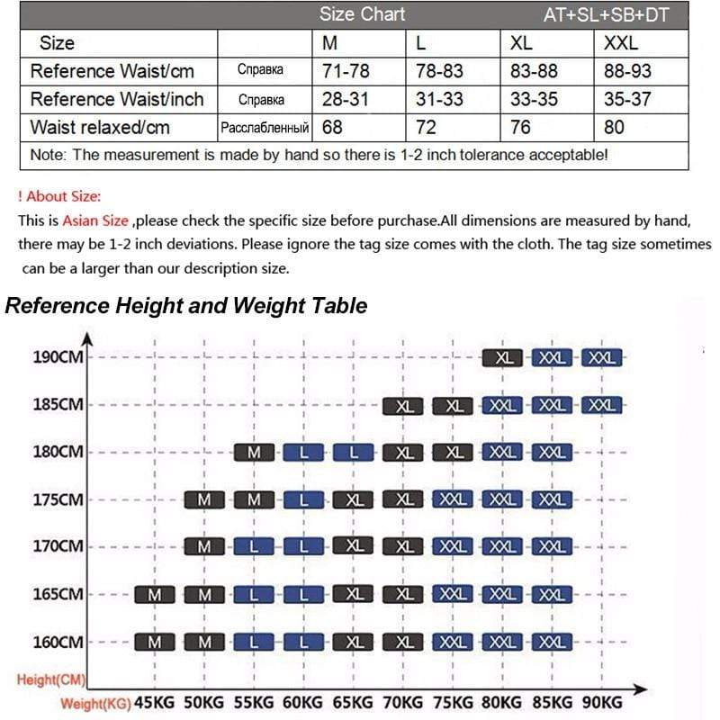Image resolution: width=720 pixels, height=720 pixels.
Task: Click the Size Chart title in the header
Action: tap(362, 14)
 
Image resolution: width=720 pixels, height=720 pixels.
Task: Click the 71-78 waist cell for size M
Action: tap(345, 71)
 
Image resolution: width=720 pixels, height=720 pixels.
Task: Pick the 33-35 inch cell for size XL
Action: tap(534, 99)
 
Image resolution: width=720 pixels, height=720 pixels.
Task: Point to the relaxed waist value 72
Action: tap(427, 127)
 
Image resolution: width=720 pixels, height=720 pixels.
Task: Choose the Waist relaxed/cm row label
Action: tap(100, 127)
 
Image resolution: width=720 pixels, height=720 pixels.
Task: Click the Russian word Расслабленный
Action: tap(265, 128)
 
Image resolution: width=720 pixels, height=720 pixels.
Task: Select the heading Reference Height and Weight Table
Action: tap(186, 306)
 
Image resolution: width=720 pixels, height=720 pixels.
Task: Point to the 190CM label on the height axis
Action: tap(58, 357)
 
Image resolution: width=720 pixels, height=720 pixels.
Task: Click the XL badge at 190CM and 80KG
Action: tap(504, 357)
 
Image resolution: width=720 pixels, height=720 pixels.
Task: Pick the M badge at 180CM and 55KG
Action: tap(255, 452)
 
